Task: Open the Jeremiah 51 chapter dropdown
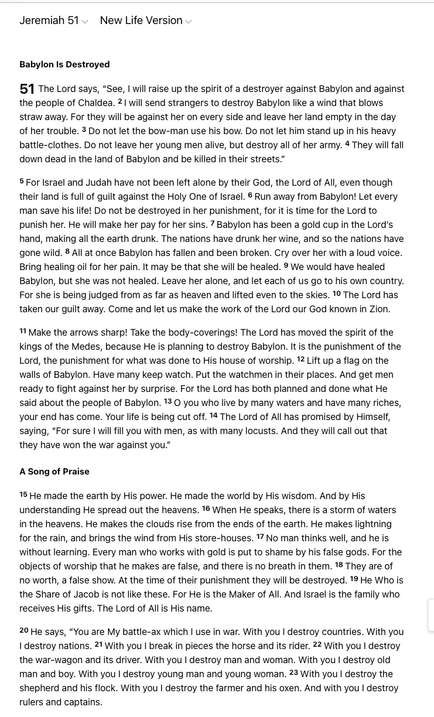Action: (x=53, y=21)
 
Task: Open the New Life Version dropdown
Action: (x=145, y=21)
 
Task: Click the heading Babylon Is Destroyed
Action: (x=64, y=64)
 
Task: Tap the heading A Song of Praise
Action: (x=54, y=472)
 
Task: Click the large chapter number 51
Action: (x=27, y=89)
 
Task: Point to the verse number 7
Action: (x=213, y=223)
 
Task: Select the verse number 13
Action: (x=168, y=401)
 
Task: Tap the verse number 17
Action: (x=260, y=537)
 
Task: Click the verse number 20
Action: (x=24, y=630)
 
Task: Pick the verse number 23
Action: (x=293, y=672)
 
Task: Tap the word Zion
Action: (x=379, y=309)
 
